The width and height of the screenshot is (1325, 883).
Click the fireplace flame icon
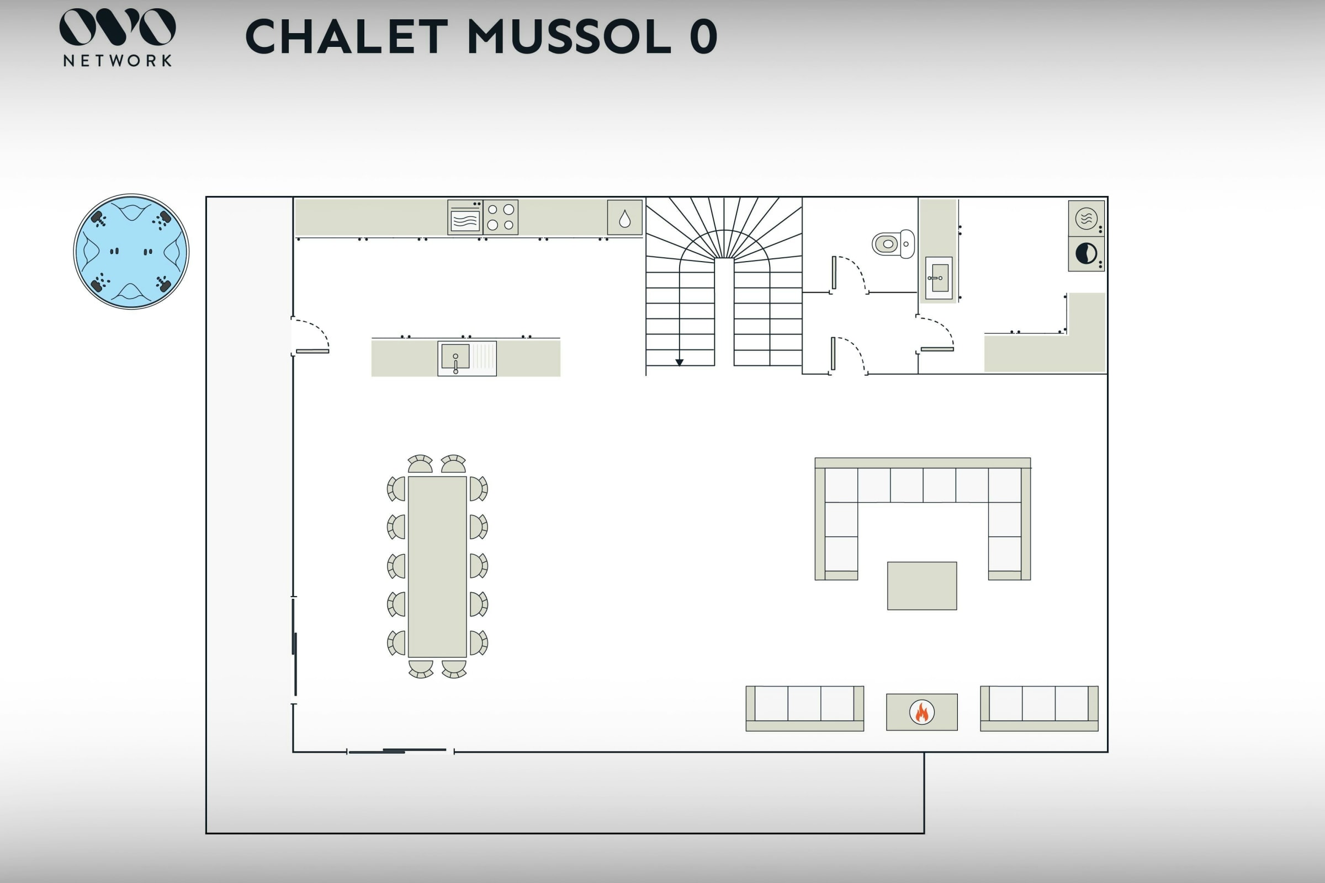[921, 712]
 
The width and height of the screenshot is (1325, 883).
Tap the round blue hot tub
[131, 252]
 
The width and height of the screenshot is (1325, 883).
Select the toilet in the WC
[893, 244]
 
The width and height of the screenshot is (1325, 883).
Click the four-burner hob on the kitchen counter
[500, 217]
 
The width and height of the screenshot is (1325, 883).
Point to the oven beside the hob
[465, 217]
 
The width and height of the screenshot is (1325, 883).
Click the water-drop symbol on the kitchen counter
[625, 219]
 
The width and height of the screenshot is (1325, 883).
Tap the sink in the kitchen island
[467, 358]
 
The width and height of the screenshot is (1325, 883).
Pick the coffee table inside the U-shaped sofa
[921, 586]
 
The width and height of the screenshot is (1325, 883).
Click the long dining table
[437, 567]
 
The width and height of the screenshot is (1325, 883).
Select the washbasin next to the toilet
[939, 278]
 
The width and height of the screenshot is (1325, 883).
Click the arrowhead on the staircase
[680, 363]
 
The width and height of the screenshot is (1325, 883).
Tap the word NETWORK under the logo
[118, 61]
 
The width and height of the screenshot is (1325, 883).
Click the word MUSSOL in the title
[569, 36]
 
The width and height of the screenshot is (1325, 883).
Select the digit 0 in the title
[703, 36]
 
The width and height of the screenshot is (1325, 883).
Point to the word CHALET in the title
[347, 36]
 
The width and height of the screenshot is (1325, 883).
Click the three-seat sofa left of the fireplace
[804, 709]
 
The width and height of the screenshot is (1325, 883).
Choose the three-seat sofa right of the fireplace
[1039, 709]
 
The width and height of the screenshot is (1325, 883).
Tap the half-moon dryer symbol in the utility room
[1086, 253]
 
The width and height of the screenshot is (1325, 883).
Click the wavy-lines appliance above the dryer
[1086, 219]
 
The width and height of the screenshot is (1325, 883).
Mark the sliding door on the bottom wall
[401, 751]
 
